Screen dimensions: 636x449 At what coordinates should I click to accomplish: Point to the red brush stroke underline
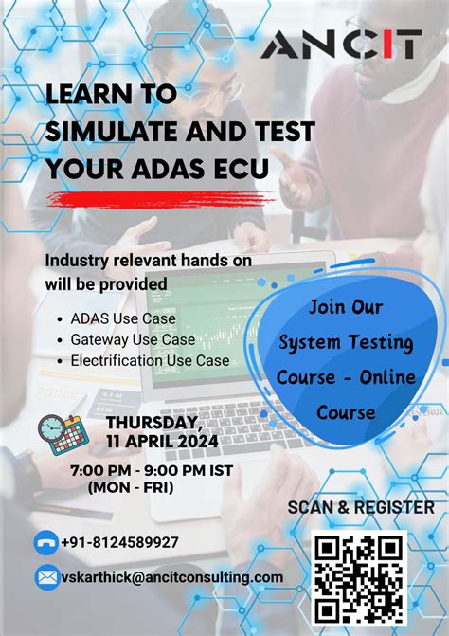coord(160,199)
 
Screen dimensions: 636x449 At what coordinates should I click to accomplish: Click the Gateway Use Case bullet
coord(133,339)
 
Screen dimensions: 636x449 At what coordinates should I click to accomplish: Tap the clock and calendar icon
coord(63,433)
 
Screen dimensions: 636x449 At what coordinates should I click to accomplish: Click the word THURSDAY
coord(153,422)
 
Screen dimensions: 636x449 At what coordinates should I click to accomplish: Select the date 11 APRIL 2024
coord(162,441)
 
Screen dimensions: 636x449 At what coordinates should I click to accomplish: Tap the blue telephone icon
coord(45,542)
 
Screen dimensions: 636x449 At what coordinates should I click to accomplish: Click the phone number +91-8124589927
coord(119,542)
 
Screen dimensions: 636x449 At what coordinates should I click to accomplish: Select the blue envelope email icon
coord(46,576)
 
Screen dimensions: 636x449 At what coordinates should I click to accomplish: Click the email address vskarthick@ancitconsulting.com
coord(171,576)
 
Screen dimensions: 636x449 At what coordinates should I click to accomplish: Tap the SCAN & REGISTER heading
coord(361,507)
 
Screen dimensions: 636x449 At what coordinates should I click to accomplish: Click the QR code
coord(360,578)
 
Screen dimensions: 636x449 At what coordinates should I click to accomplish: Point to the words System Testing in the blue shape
coord(346,341)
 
